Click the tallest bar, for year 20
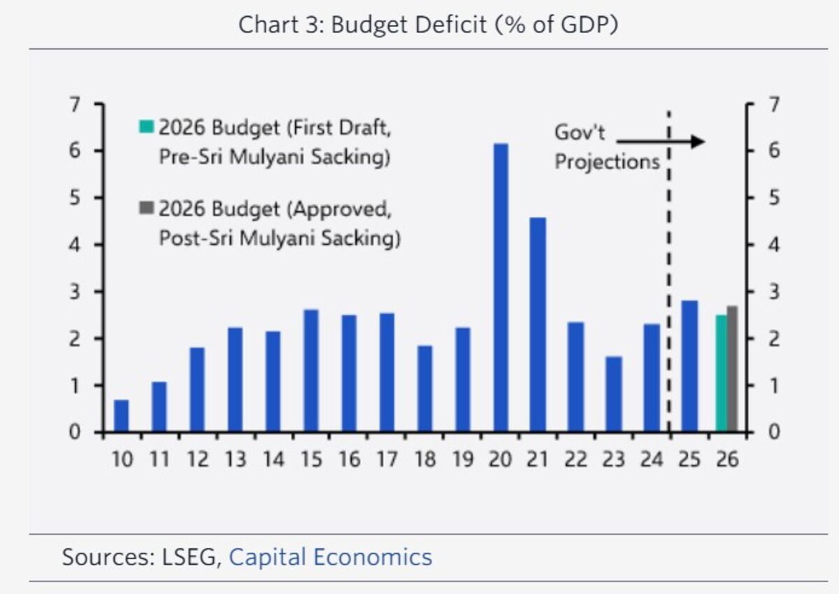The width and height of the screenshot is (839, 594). pyautogui.click(x=501, y=287)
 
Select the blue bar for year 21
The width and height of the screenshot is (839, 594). pyautogui.click(x=538, y=324)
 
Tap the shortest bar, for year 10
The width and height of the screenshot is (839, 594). pyautogui.click(x=122, y=416)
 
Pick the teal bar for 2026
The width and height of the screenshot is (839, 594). pyautogui.click(x=722, y=373)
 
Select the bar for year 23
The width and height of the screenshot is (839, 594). pyautogui.click(x=613, y=394)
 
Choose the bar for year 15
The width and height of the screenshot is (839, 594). pyautogui.click(x=311, y=370)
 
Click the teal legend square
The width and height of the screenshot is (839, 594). pyautogui.click(x=146, y=127)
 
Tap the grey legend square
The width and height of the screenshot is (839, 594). pyautogui.click(x=146, y=208)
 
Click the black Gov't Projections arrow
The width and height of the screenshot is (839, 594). pyautogui.click(x=660, y=142)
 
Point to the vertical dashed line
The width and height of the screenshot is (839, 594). pyautogui.click(x=669, y=280)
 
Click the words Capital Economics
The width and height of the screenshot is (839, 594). pyautogui.click(x=330, y=557)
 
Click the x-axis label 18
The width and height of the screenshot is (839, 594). pyautogui.click(x=425, y=460)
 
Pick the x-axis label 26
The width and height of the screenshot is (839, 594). pyautogui.click(x=727, y=460)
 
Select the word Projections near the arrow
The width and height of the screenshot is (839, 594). pyautogui.click(x=607, y=161)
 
